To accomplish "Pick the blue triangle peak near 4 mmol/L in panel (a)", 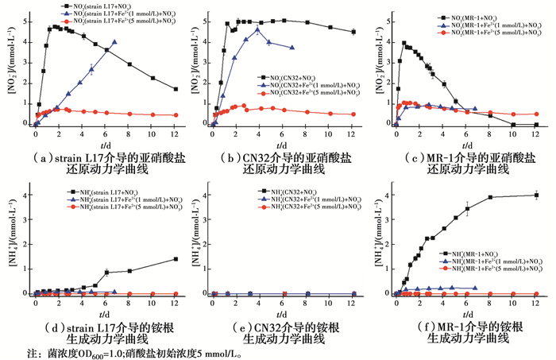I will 115,42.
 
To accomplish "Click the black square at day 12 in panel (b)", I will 353,32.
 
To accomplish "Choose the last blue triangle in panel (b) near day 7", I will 292,48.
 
